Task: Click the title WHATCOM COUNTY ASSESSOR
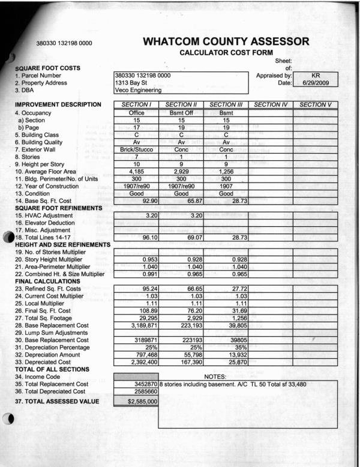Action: click(227, 42)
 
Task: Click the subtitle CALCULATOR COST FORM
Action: click(227, 53)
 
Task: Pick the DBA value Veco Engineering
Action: click(138, 91)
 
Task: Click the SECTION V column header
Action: click(316, 105)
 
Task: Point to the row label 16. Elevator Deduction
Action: click(51, 221)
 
